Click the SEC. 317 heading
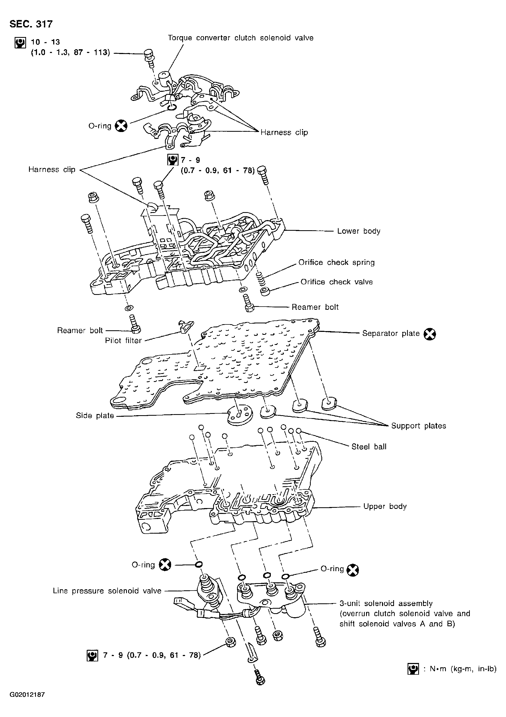coord(31,24)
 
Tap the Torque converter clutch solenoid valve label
coord(241,38)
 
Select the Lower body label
coord(359,231)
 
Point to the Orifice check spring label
coord(337,262)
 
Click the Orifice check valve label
coord(337,282)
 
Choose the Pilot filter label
coord(123,340)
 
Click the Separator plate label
coord(391,333)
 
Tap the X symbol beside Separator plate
coord(430,334)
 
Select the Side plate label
coord(95,416)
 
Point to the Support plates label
coord(418,426)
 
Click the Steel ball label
coord(369,447)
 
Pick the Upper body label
coord(385,506)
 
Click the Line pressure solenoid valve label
coord(107,591)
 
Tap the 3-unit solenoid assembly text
coord(386,603)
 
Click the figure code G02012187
coord(27,701)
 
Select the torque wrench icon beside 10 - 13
coord(20,43)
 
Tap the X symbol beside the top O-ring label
coord(121,126)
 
